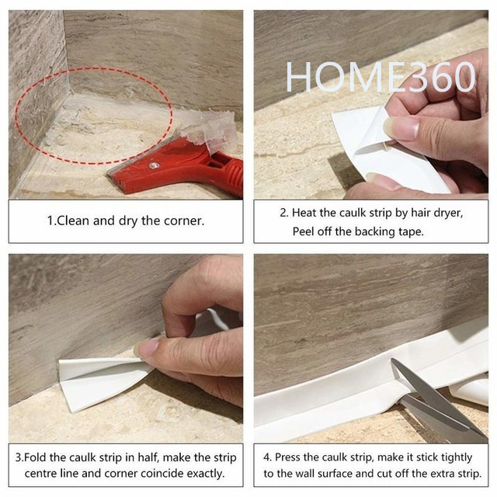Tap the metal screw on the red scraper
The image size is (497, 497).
click(x=154, y=165)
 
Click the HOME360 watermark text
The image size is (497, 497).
click(x=380, y=77)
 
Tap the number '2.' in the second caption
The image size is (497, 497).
click(x=284, y=213)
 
